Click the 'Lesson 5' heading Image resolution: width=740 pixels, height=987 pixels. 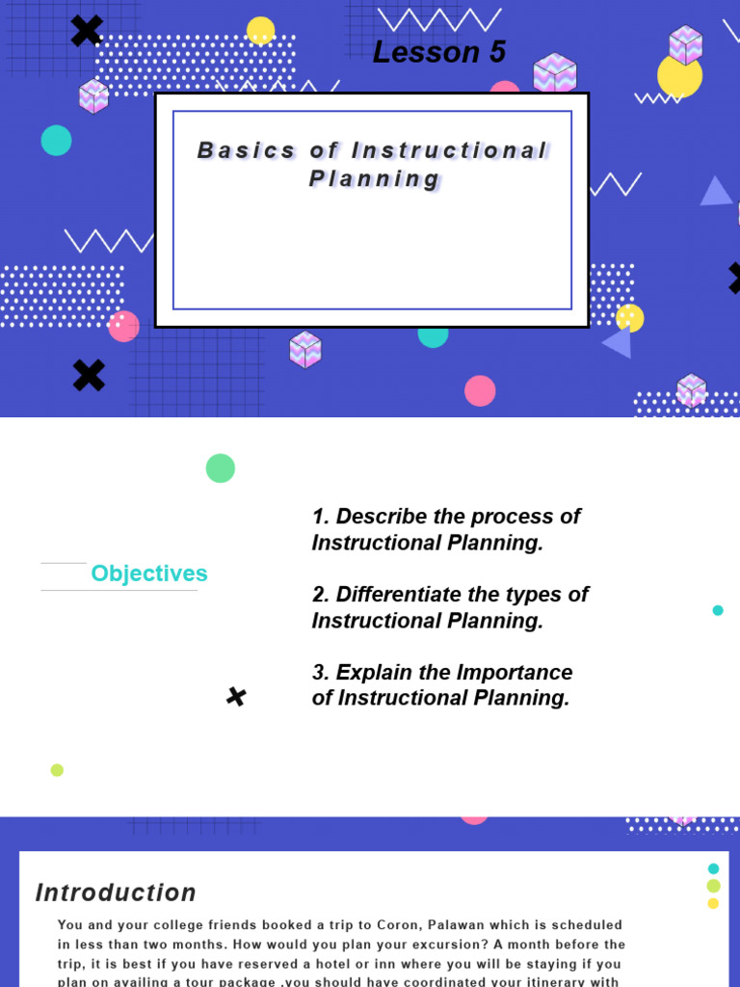438,52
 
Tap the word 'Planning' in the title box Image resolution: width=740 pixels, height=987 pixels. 374,179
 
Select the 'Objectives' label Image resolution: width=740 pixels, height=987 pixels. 149,574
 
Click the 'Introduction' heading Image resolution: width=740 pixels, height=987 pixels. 116,893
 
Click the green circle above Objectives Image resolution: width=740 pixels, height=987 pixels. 221,468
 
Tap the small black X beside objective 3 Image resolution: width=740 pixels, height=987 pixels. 236,697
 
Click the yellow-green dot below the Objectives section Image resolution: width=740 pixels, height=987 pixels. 57,770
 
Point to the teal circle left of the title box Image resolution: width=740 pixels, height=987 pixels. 56,141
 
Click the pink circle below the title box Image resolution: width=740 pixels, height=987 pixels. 480,390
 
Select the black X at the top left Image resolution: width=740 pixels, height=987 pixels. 87,31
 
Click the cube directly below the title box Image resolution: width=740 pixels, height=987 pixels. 304,349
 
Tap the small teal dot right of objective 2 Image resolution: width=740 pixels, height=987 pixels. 718,610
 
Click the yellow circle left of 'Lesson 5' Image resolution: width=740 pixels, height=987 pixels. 261,30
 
